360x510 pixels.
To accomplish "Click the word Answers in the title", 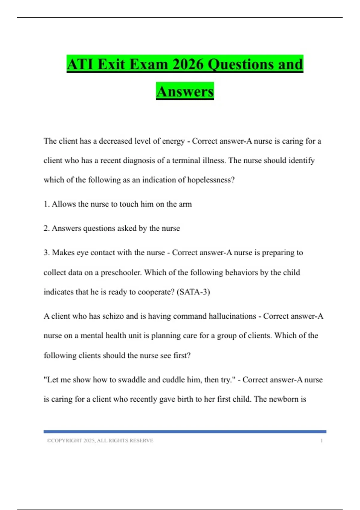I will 185,91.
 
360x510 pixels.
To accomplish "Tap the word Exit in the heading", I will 111,64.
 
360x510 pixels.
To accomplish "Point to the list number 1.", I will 46,204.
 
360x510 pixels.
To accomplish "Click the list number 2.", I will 46,228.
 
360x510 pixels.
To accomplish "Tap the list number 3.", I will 46,253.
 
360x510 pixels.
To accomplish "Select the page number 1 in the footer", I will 321,441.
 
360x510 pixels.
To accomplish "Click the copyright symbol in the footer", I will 49,441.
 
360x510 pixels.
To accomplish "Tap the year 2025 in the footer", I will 89,441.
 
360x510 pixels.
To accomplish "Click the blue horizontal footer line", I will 185,432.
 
